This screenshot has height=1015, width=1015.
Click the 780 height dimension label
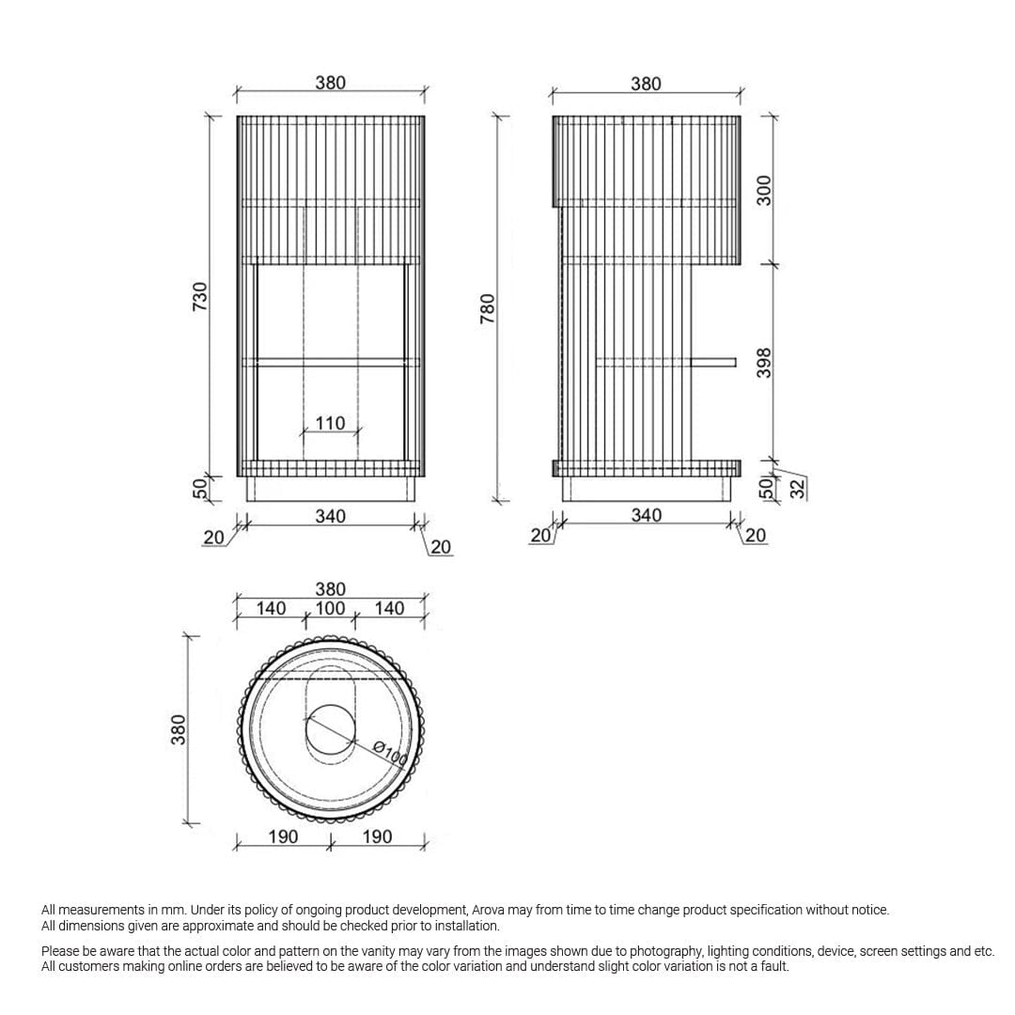click(x=487, y=309)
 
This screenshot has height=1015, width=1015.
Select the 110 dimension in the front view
click(x=330, y=424)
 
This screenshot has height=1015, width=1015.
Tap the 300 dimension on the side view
click(x=764, y=190)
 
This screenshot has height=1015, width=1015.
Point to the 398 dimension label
click(x=764, y=363)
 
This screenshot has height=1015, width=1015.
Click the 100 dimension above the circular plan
click(x=330, y=608)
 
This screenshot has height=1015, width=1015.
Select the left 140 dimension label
click(x=271, y=608)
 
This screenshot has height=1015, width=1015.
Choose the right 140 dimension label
click(x=389, y=608)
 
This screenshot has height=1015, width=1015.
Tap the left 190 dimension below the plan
click(x=283, y=836)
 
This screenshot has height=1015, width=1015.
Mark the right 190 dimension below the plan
click(x=377, y=836)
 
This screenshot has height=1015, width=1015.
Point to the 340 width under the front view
click(x=330, y=516)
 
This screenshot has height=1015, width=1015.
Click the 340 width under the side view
click(x=646, y=515)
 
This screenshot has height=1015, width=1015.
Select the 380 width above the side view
click(x=646, y=84)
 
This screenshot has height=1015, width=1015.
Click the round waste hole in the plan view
click(x=331, y=729)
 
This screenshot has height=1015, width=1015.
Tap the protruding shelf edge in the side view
click(x=713, y=360)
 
